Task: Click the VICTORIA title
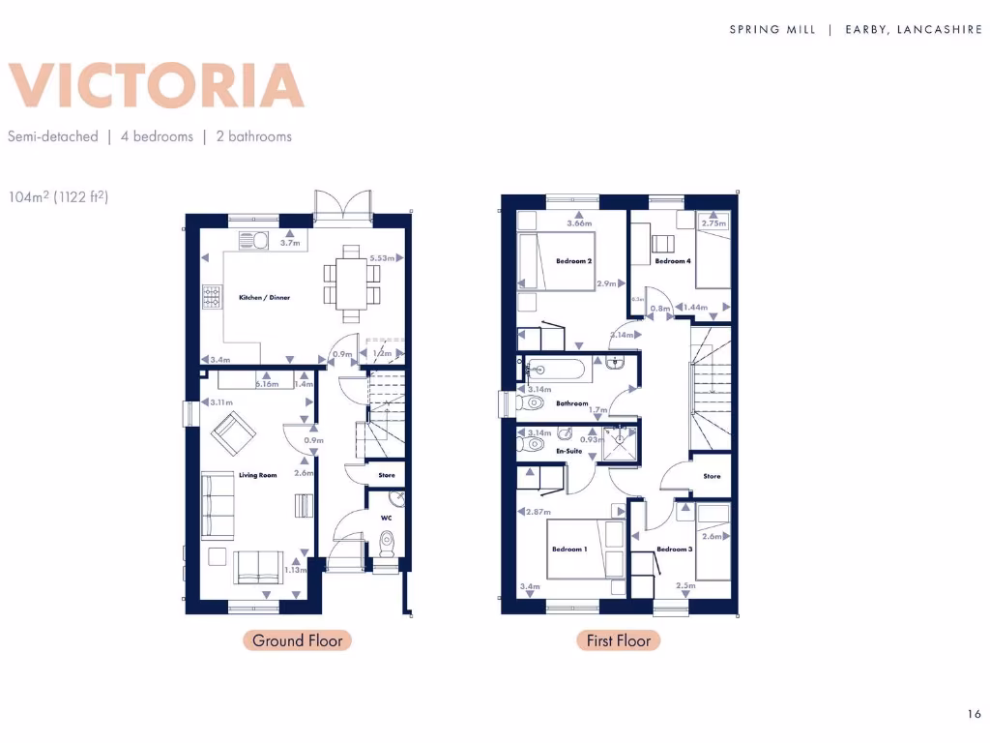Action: [156, 86]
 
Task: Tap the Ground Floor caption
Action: [297, 640]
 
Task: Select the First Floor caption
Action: [619, 640]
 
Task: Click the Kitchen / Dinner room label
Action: [264, 297]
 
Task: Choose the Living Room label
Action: [258, 475]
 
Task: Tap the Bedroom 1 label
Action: [569, 549]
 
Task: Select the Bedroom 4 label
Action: [673, 261]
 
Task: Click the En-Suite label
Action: [568, 451]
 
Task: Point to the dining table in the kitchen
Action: [352, 282]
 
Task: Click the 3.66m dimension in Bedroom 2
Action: [580, 224]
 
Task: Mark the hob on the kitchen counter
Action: [211, 296]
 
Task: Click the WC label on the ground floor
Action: [386, 517]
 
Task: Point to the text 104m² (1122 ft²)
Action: [56, 196]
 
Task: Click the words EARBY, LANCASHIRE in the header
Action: [914, 30]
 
